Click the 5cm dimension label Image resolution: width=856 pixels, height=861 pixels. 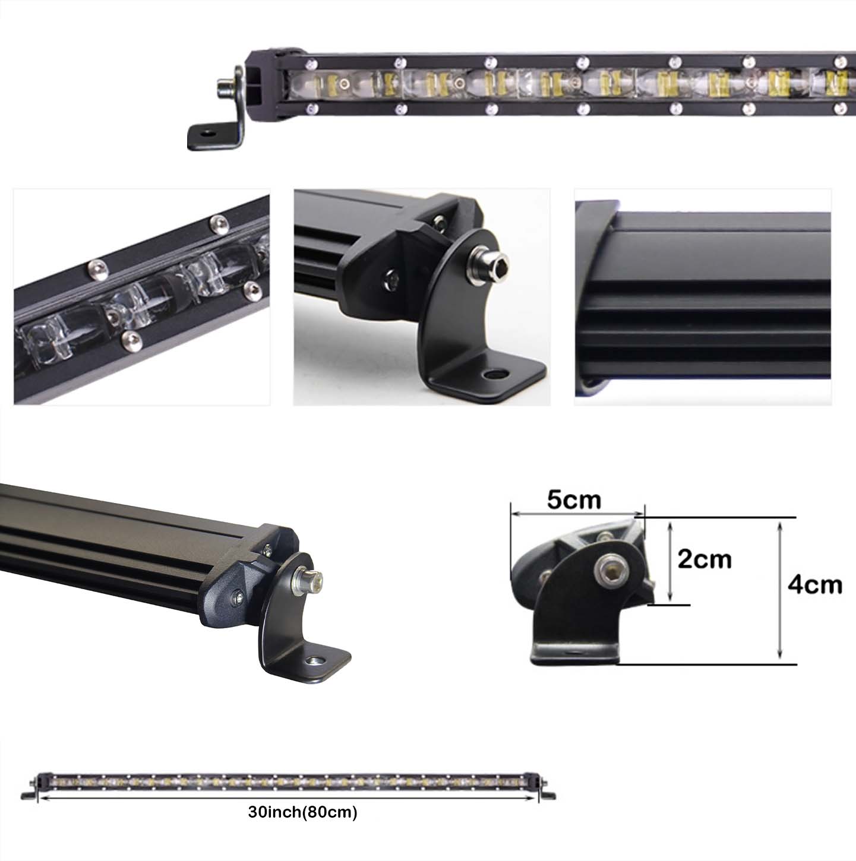click(574, 500)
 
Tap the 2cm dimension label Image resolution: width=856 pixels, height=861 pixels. click(705, 559)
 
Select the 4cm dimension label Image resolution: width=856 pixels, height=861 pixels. click(814, 585)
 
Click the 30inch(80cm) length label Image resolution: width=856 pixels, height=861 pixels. click(302, 812)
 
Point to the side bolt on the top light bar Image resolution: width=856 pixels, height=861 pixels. click(226, 86)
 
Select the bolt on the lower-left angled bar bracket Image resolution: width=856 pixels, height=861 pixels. click(308, 580)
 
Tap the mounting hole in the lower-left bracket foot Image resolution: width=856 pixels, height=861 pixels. click(315, 660)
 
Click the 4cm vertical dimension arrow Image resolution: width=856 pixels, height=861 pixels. click(780, 591)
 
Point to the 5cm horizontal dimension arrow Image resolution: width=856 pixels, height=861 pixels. click(577, 514)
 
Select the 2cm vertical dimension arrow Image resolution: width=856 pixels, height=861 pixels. click(669, 562)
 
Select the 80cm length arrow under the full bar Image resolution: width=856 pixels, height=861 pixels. click(288, 798)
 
